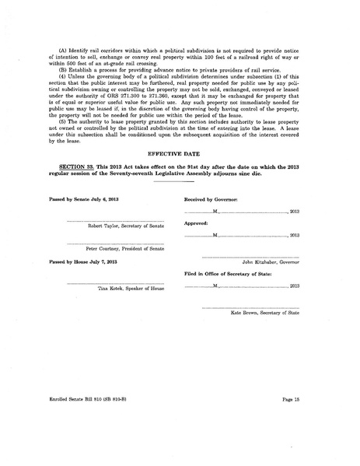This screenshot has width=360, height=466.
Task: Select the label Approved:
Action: [195, 223]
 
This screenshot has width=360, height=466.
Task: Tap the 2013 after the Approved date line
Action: [294, 235]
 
